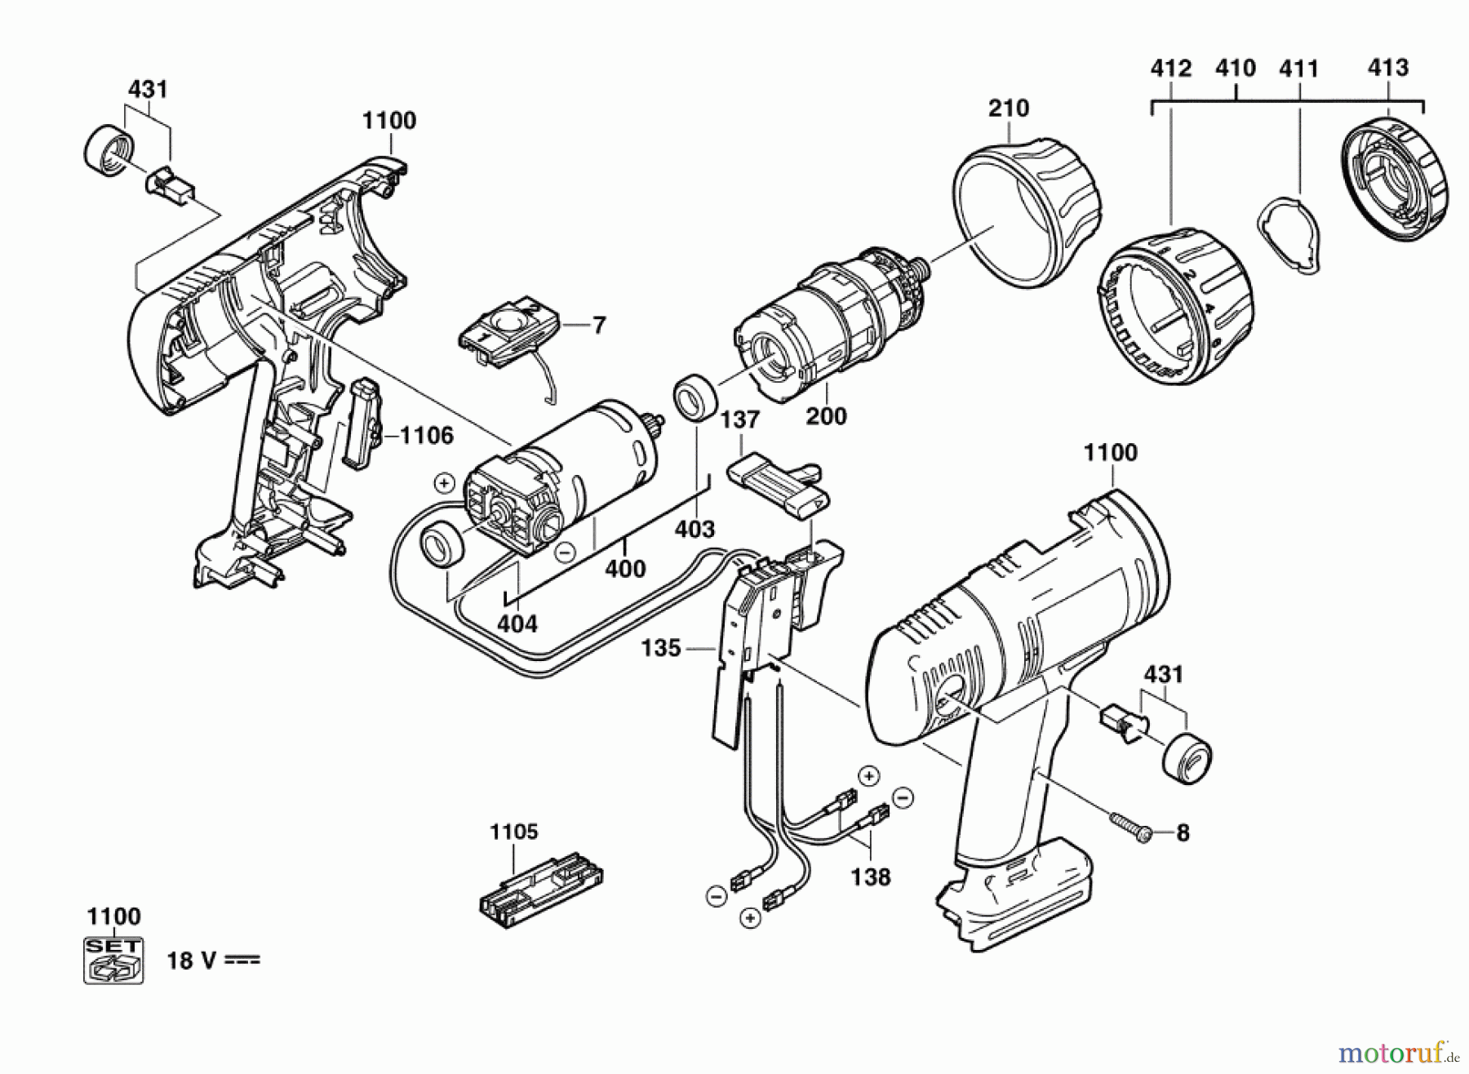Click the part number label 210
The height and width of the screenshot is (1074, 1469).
point(1008,108)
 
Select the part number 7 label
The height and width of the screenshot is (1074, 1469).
point(599,326)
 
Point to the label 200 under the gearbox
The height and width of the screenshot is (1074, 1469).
point(826,416)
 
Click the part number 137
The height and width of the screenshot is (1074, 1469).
point(739,420)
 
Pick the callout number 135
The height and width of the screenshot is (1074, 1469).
point(661,648)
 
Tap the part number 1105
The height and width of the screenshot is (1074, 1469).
point(514,832)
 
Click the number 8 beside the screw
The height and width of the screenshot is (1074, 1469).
point(1183,833)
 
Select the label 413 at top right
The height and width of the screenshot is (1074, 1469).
point(1388,68)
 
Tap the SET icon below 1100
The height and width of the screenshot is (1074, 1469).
point(113,960)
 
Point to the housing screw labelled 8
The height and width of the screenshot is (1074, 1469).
point(1129,824)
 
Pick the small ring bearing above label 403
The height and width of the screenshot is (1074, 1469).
point(694,397)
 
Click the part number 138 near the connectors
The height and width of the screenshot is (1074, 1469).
point(870,877)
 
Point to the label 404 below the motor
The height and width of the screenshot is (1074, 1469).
point(517,624)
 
